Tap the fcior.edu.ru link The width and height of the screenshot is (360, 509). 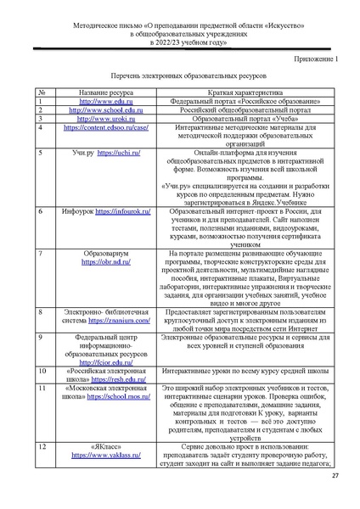point(94,361)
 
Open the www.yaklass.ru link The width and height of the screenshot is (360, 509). point(94,455)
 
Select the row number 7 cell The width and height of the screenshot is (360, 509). point(41,254)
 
